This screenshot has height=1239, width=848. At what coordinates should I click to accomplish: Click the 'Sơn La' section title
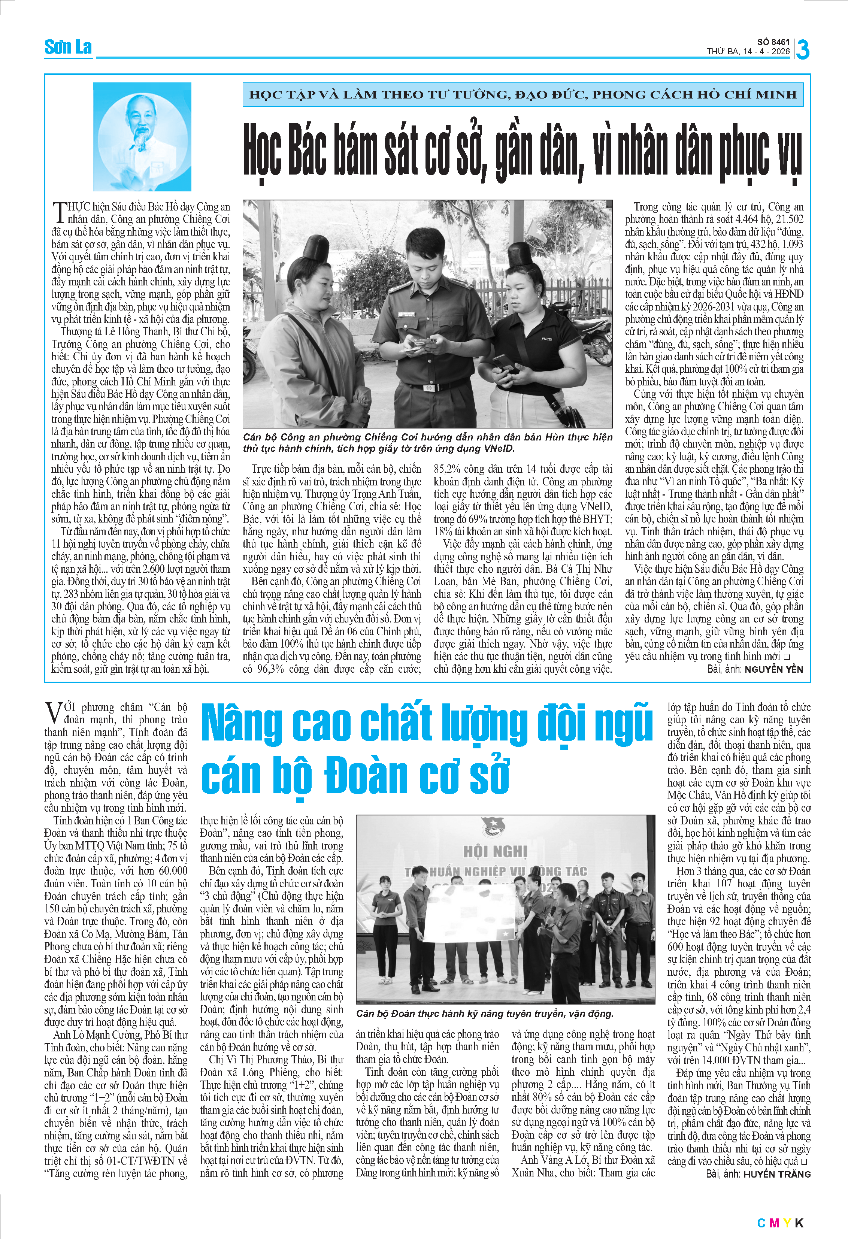[68, 48]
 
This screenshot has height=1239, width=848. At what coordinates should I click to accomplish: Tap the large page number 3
[802, 49]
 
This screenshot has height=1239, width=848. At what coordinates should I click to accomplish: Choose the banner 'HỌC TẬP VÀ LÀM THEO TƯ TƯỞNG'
[523, 95]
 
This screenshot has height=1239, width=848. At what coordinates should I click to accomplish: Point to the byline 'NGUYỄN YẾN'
[773, 669]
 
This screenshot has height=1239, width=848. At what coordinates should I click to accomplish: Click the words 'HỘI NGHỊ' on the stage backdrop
[495, 851]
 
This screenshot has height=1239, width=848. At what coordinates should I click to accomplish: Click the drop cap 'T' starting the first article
[59, 212]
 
